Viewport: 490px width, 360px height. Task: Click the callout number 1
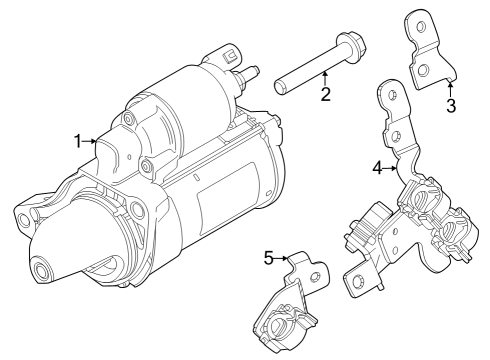tap(78, 141)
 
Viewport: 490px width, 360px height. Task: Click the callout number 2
tap(325, 95)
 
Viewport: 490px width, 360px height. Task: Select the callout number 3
tap(451, 106)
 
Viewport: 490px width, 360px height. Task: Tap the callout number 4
tap(377, 168)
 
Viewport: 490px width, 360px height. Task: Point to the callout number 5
tap(268, 258)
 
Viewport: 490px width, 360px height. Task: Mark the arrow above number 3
tap(450, 88)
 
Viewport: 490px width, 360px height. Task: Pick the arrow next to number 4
tap(393, 169)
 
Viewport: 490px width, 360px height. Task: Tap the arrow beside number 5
tap(283, 259)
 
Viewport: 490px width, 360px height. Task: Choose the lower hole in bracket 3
tap(424, 69)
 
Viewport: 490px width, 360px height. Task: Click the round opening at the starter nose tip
tap(41, 271)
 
